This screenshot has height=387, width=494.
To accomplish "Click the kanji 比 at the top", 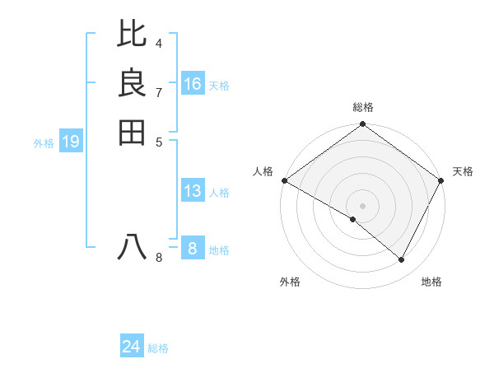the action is click(133, 34).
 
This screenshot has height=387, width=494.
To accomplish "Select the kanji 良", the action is click(133, 83).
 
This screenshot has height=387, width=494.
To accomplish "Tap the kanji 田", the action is click(133, 132).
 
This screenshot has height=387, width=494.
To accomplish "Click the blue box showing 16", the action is click(193, 84).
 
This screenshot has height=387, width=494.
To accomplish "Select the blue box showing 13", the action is click(193, 192).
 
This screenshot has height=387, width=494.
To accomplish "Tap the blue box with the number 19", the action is click(72, 142).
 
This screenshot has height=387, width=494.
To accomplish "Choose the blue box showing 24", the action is click(132, 347).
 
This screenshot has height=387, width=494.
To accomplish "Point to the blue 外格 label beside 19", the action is click(44, 143).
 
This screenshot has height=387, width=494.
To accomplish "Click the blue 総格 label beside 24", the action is click(158, 348).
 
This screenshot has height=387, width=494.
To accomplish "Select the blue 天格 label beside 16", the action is click(219, 85).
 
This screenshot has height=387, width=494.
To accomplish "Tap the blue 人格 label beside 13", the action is click(219, 193).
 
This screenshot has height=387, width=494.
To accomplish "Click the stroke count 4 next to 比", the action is click(158, 43).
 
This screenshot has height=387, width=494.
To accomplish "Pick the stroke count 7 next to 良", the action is click(158, 92).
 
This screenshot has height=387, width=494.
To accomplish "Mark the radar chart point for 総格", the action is click(363, 125).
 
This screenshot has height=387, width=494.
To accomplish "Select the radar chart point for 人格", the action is click(284, 180).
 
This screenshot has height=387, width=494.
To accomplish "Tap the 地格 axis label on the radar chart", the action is click(431, 282).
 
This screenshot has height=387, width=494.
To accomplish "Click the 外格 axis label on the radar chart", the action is click(290, 282).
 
